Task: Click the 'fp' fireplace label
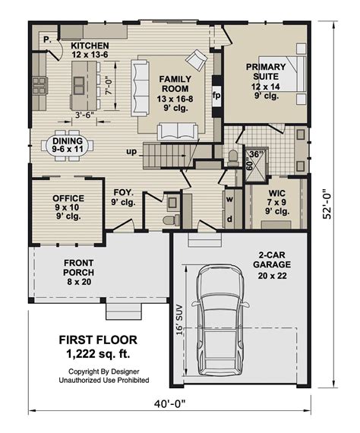point(216,96)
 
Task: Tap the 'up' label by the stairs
point(131,152)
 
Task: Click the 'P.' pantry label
point(46,38)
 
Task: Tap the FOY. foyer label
point(124,198)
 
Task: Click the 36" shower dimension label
point(257,154)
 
